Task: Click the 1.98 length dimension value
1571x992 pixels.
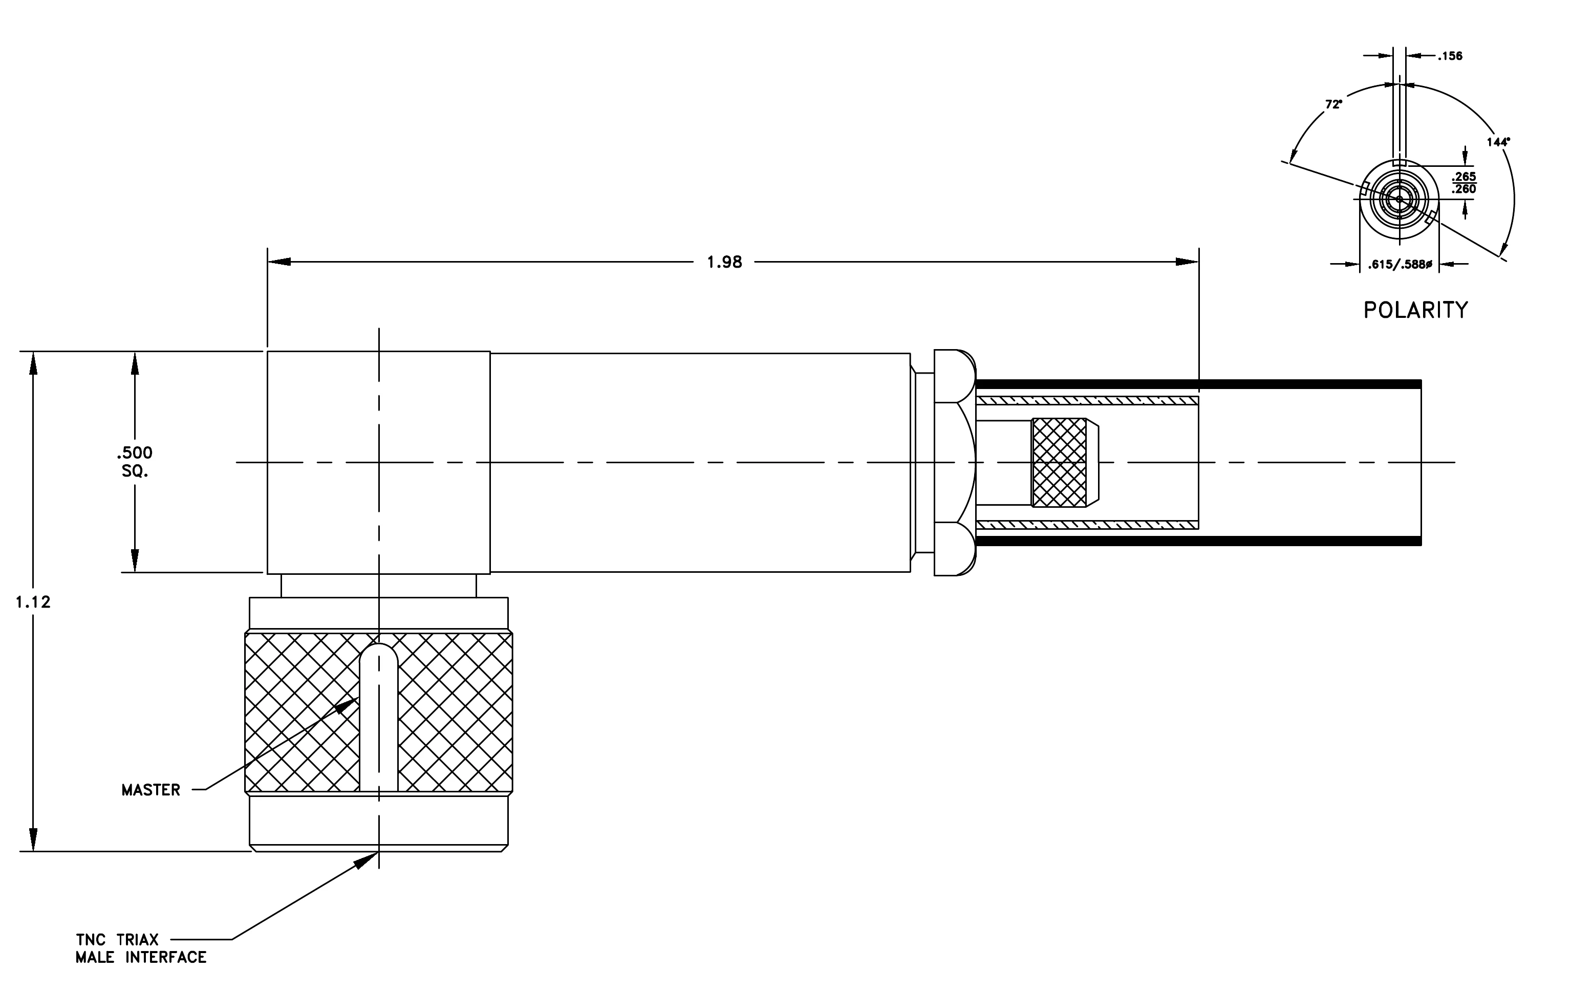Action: click(x=724, y=262)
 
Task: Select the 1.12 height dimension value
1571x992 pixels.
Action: click(x=33, y=602)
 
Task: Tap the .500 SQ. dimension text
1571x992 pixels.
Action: click(x=135, y=462)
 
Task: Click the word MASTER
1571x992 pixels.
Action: click(x=150, y=790)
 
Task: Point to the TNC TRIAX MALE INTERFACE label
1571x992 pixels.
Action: click(x=141, y=948)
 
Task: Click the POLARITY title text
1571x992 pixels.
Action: click(x=1416, y=310)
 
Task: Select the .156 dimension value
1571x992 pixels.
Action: click(x=1450, y=56)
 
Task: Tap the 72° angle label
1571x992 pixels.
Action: click(x=1333, y=104)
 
